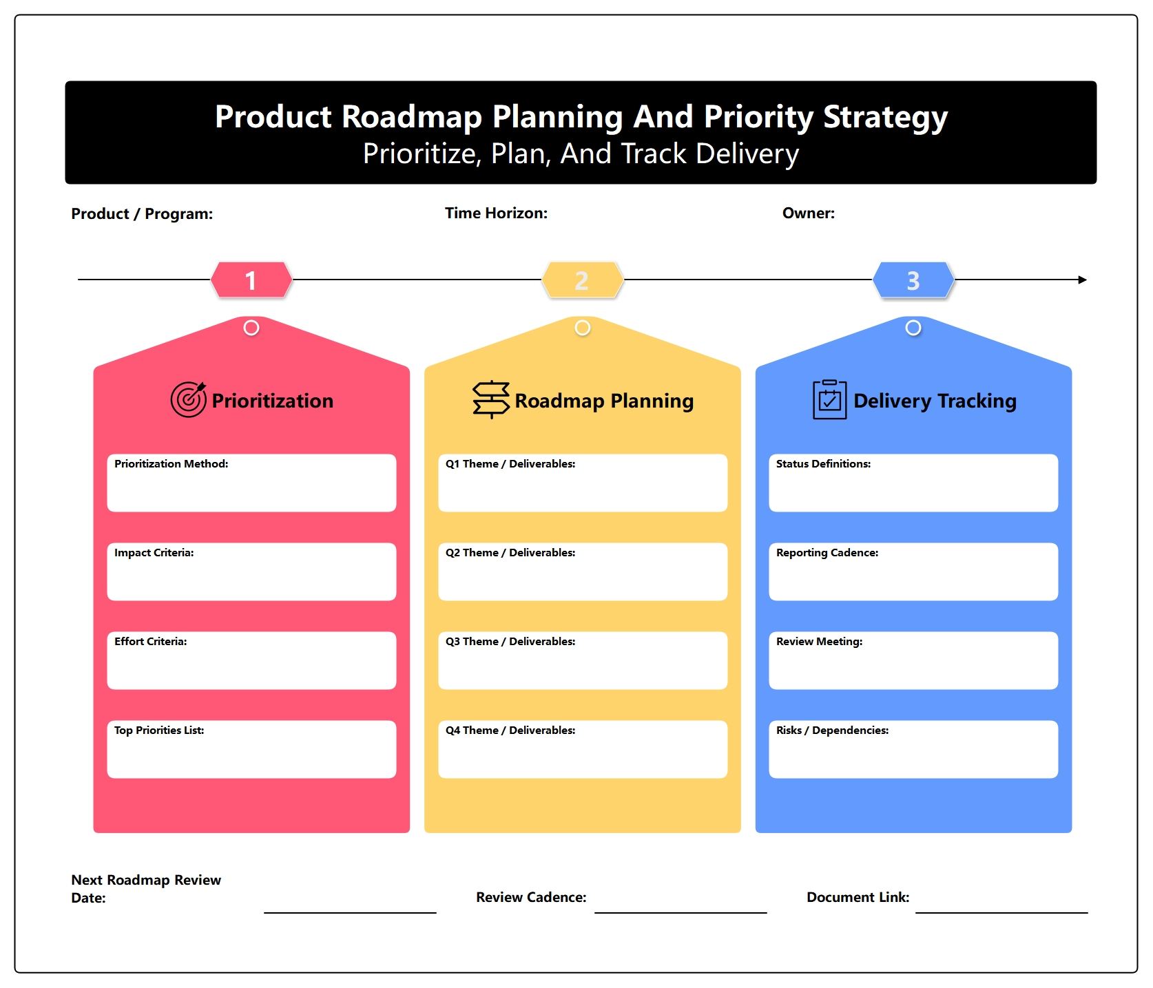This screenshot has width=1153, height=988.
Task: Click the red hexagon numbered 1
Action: pos(251,280)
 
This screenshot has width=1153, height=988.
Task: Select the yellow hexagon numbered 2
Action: pos(583,280)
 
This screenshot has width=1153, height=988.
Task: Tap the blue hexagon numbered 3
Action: pos(913,280)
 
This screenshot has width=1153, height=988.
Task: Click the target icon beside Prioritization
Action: pos(188,399)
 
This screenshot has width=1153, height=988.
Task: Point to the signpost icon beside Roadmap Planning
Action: pos(491,399)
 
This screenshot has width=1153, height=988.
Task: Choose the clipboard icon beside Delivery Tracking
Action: pos(829,399)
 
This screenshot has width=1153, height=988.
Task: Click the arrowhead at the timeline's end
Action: pos(1083,280)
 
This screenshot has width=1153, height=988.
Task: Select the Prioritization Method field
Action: pos(251,483)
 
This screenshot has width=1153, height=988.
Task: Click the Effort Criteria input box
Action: pos(251,660)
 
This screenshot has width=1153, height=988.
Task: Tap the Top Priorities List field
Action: pos(251,749)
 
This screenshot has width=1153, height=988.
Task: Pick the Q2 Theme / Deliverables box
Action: pos(583,571)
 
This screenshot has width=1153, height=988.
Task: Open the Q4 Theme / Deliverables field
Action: pos(583,749)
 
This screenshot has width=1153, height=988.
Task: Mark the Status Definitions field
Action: pos(913,483)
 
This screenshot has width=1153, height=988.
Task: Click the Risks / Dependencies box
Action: pos(913,749)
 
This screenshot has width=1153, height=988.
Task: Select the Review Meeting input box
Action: pos(913,660)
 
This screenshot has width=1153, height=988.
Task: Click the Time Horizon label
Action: pos(496,213)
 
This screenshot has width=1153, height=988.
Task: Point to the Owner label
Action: pos(809,213)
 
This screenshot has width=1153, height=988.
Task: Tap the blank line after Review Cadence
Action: pos(681,913)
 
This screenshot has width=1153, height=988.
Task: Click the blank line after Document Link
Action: pos(1001,913)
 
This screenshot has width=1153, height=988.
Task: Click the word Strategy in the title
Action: pos(886,117)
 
